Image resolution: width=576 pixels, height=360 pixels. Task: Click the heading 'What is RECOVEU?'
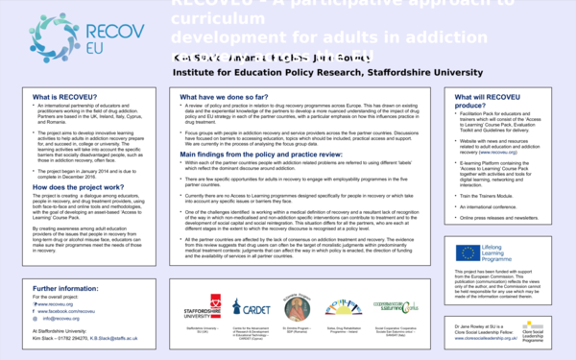click(63, 98)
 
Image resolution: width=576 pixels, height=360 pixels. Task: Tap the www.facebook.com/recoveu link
click(72, 311)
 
